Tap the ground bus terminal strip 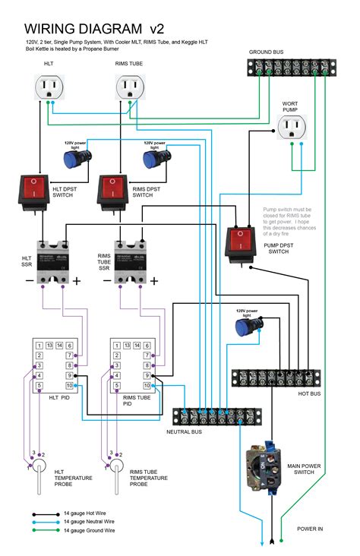pyautogui.click(x=292, y=69)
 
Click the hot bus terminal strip pyautogui.click(x=279, y=378)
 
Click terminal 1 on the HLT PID pyautogui.click(x=38, y=346)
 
